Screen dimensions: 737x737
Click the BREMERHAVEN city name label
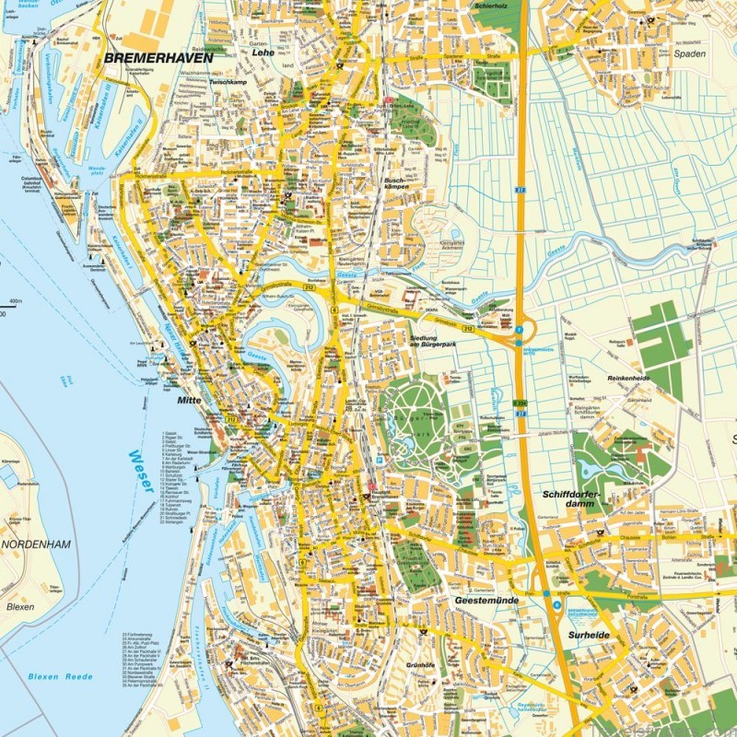(158, 57)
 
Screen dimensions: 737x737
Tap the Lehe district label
(263, 53)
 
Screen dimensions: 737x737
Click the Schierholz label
(492, 6)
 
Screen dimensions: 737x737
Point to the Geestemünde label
(487, 600)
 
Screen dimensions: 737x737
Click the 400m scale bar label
(14, 301)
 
